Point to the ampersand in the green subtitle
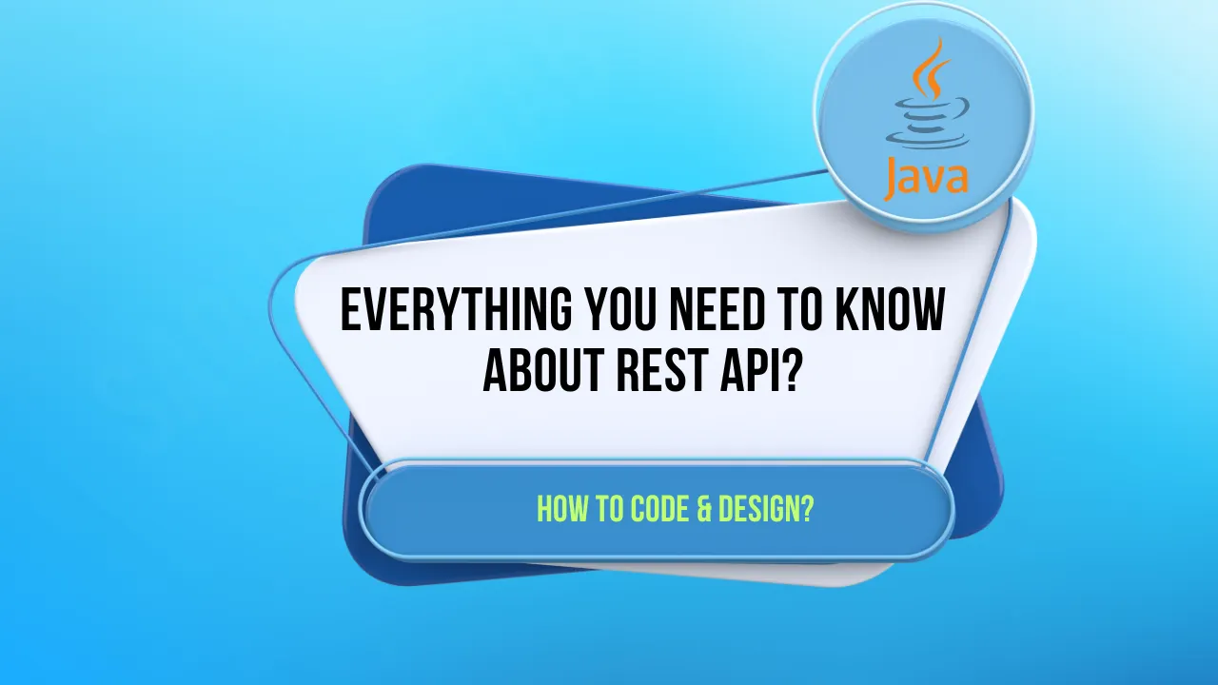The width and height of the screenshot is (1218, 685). click(x=705, y=510)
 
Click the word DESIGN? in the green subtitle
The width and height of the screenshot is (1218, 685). click(x=766, y=510)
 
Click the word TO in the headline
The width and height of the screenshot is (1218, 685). click(x=799, y=311)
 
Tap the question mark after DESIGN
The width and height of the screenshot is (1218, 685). click(x=807, y=510)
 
